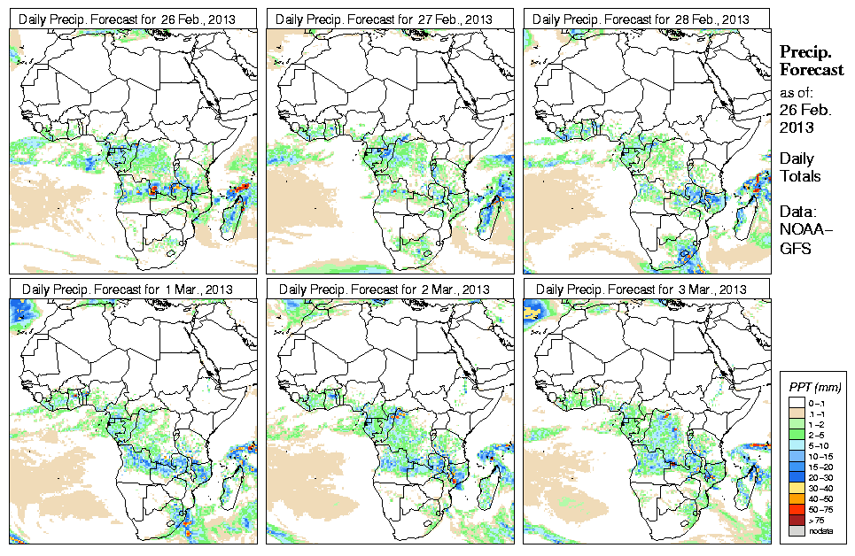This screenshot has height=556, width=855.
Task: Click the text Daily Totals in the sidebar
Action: tap(800, 167)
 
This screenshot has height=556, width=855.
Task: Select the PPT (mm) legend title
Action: tap(816, 387)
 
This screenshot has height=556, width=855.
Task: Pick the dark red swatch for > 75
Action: tap(794, 521)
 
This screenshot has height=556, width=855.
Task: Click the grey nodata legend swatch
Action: tap(794, 530)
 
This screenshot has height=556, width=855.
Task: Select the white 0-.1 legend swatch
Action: tap(794, 402)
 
